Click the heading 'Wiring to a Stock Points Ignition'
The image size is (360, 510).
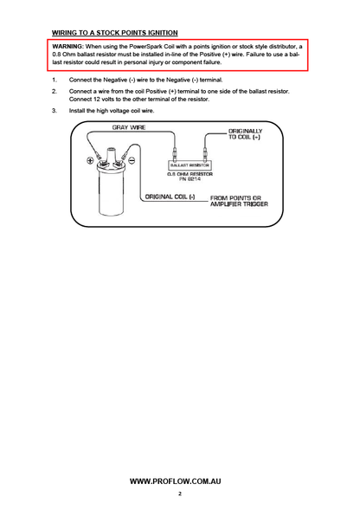click(115, 33)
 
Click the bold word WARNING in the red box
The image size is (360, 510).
click(67, 47)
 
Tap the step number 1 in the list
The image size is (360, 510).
click(54, 80)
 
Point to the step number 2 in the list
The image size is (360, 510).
click(55, 92)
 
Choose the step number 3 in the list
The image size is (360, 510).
click(55, 111)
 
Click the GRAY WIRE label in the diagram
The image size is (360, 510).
click(129, 127)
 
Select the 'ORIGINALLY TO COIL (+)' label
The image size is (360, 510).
click(245, 134)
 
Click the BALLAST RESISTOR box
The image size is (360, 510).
click(190, 165)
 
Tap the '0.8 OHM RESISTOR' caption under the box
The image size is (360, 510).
click(190, 174)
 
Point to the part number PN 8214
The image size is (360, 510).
click(190, 179)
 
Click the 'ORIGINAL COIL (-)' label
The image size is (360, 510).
click(170, 197)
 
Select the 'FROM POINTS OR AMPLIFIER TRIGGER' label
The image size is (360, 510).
click(239, 201)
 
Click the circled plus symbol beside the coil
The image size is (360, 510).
click(90, 160)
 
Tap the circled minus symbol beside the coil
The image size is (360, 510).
click(132, 160)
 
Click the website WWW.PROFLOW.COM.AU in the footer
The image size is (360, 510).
click(176, 481)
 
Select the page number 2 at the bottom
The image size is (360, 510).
click(180, 494)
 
